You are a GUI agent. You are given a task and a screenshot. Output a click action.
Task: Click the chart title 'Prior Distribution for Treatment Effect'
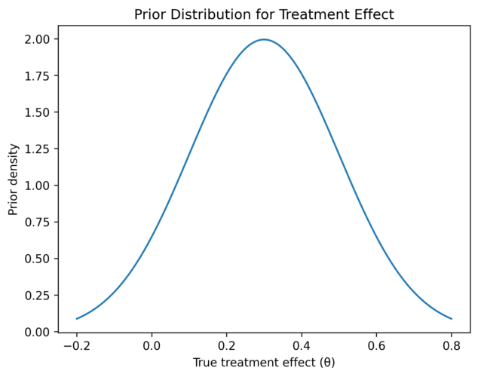[264, 14]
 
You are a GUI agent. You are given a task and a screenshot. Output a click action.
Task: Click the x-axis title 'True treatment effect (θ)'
[264, 363]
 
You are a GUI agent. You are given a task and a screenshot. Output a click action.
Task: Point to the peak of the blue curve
[264, 39]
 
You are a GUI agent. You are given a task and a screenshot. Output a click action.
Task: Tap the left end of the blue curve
[76, 318]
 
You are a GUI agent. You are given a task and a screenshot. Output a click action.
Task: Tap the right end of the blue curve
[452, 318]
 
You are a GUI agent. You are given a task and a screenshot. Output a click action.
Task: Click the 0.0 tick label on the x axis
[152, 345]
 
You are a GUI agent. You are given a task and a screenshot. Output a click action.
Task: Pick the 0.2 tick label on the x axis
[226, 345]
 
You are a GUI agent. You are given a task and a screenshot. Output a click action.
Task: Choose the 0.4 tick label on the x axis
[302, 345]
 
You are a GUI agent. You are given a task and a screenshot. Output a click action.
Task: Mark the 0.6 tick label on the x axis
[376, 345]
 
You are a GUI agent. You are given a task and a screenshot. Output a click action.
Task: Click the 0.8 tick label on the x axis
[452, 345]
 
